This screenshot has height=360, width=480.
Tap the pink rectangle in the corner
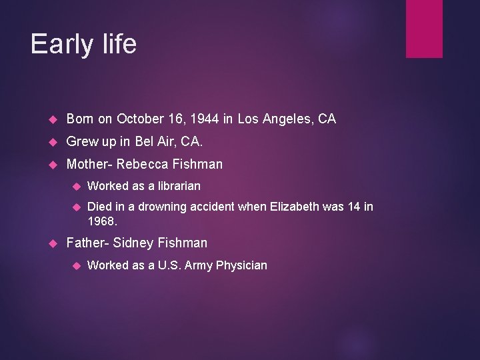click(x=425, y=28)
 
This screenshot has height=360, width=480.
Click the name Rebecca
click(x=143, y=164)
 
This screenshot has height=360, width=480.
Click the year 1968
click(x=102, y=220)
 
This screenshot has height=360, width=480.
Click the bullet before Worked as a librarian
click(x=75, y=187)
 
